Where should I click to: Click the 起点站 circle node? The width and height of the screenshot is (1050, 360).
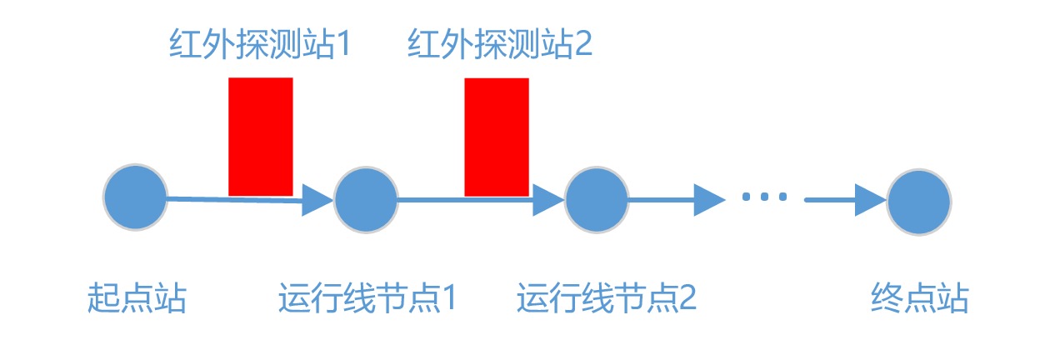tap(135, 197)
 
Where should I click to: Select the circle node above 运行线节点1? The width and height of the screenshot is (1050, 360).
tap(366, 200)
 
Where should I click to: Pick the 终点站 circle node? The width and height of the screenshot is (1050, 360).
tap(919, 201)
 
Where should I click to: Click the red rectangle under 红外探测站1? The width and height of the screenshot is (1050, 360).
tap(261, 137)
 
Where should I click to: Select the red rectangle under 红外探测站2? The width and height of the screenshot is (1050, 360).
tap(497, 137)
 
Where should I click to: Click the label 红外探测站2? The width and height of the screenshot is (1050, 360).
tap(499, 44)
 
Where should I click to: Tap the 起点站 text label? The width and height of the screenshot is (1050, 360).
tap(137, 298)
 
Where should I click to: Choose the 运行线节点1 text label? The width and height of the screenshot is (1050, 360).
tap(367, 298)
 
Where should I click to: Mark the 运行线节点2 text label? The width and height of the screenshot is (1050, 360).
tap(606, 298)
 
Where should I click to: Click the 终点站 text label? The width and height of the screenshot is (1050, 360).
tap(920, 298)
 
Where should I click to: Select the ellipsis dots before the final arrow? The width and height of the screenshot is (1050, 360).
tap(764, 197)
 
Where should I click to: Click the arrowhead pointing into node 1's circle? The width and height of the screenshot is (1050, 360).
tap(318, 200)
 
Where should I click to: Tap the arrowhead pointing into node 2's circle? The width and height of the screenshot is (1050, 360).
tap(549, 200)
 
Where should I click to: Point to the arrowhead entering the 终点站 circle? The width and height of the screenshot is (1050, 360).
tap(871, 201)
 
